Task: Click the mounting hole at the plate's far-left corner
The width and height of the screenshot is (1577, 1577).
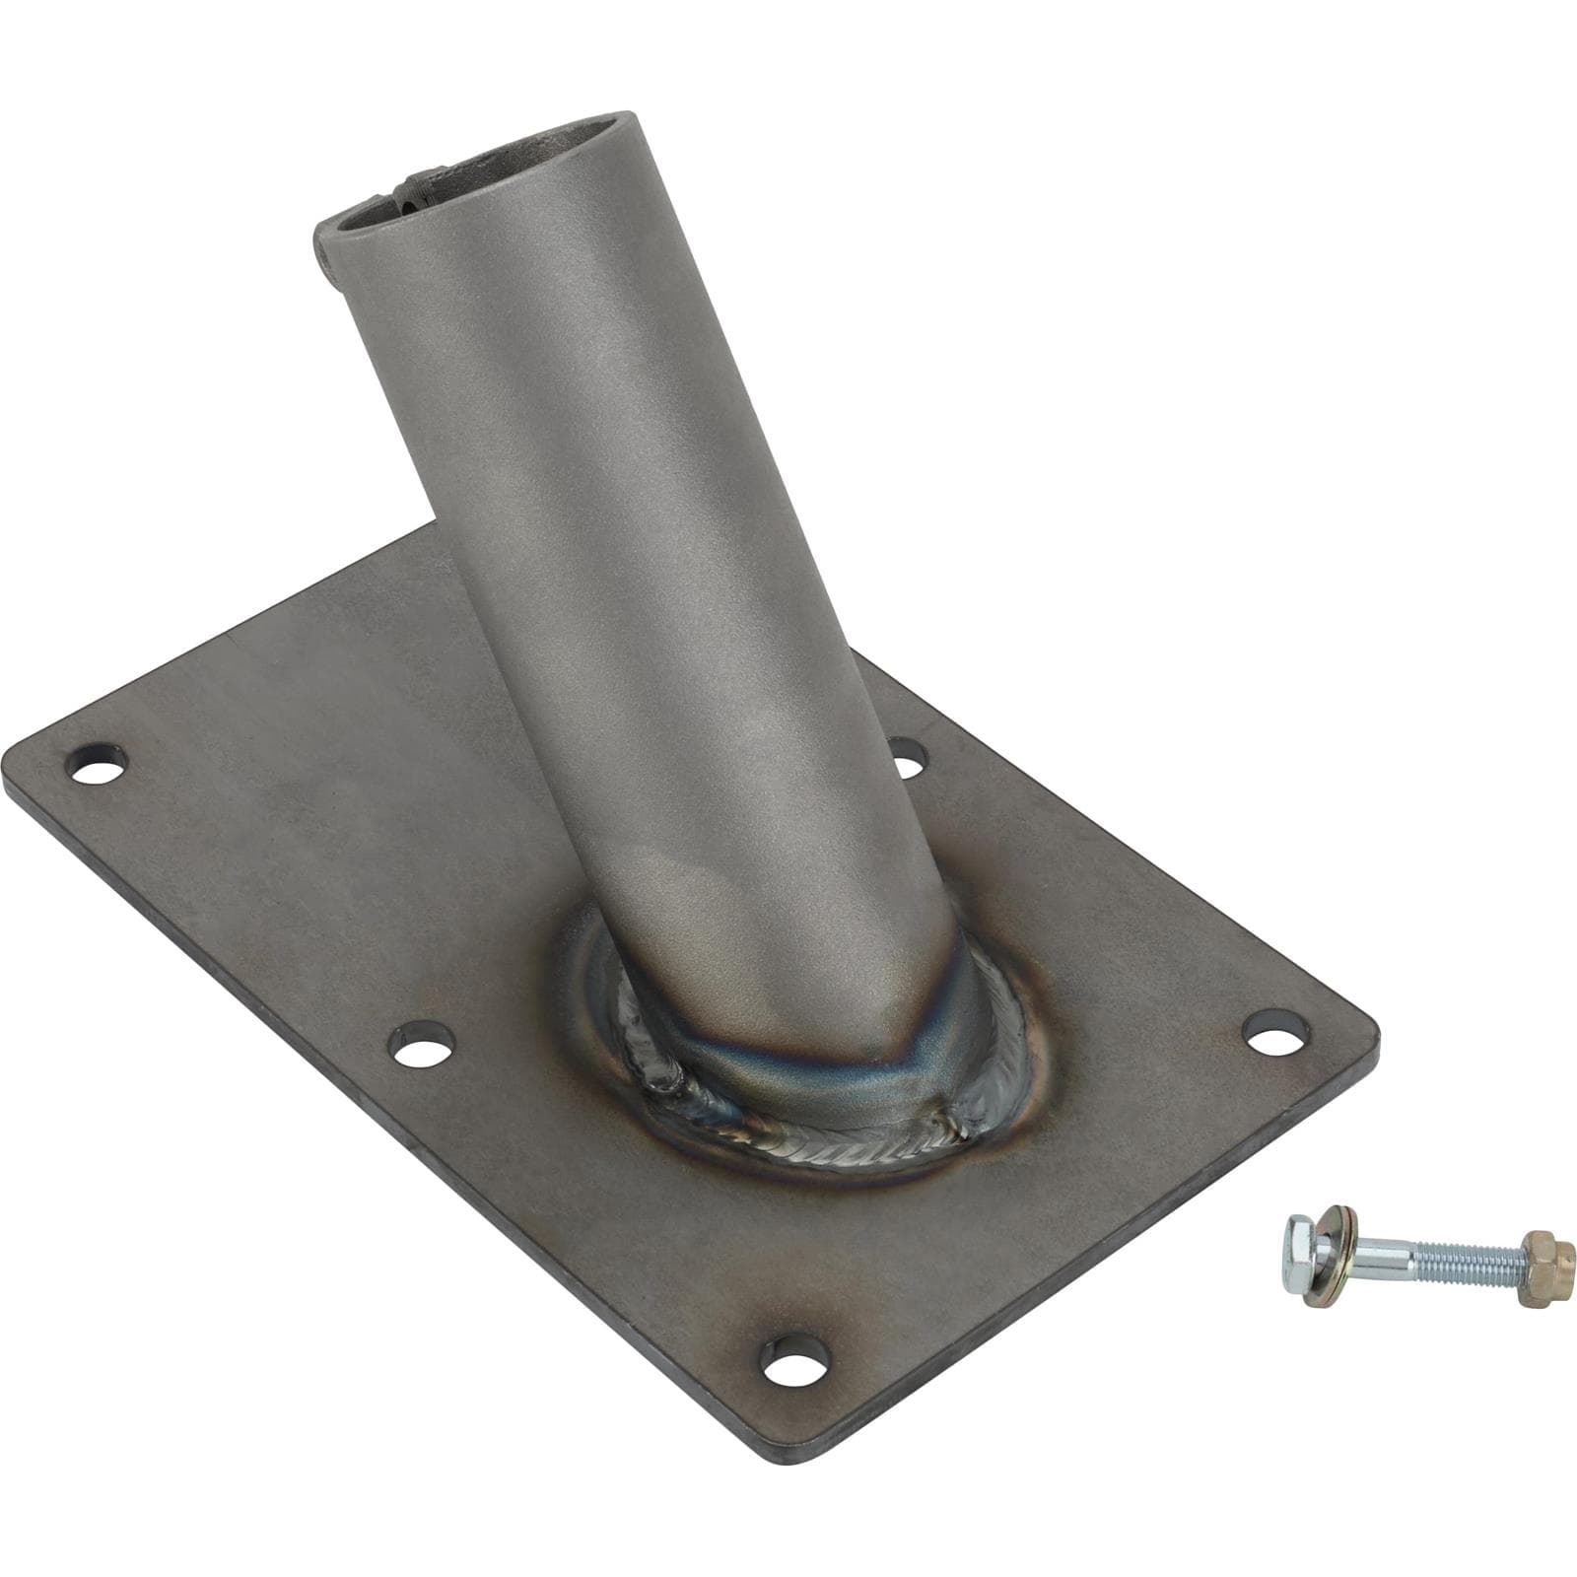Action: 102,764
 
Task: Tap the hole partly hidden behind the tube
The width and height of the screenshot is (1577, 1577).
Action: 906,755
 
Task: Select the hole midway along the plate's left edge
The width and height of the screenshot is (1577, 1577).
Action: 424,1046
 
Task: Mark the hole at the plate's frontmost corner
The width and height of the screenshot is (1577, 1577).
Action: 792,1359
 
